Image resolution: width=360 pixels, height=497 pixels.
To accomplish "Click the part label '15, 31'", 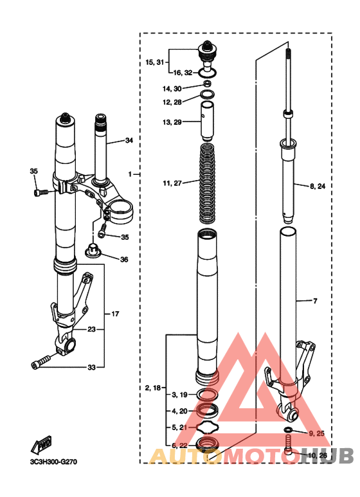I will click(156, 62).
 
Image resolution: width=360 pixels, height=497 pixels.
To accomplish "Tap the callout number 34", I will click(129, 140).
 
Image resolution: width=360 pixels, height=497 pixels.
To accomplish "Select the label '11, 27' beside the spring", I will click(172, 183).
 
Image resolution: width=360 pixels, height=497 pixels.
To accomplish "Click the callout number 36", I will click(124, 260).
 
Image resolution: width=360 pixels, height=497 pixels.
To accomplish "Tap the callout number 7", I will click(316, 300).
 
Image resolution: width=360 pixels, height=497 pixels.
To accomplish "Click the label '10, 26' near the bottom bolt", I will click(318, 456).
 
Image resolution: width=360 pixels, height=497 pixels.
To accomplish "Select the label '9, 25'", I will click(316, 433).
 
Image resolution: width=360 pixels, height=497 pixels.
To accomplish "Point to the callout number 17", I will click(115, 314).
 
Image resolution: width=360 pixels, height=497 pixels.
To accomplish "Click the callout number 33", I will click(91, 367).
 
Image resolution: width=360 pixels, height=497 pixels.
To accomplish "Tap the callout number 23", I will click(91, 329).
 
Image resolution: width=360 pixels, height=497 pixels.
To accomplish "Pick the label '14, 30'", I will click(172, 88).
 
